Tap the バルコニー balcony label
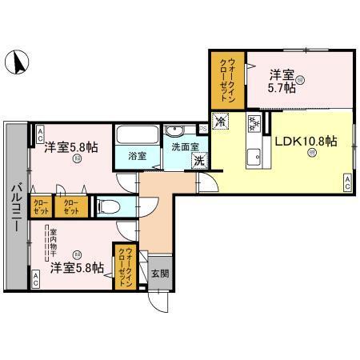coord(15,206)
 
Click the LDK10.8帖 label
coord(306,142)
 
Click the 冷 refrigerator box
coord(220,122)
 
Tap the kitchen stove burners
coord(255,124)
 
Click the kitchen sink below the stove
coord(255,154)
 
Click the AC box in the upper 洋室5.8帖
coord(38,133)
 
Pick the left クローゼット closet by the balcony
coord(40,207)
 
